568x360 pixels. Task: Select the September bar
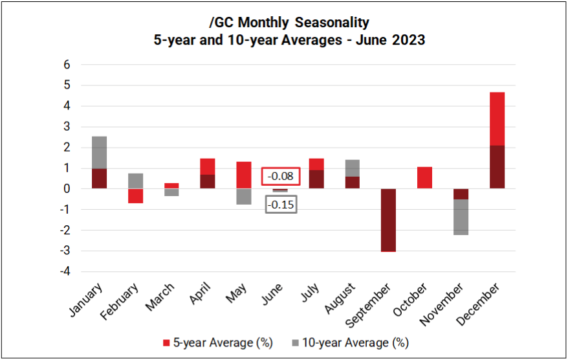(388, 219)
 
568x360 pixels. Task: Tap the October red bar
(424, 177)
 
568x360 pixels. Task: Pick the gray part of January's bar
(99, 152)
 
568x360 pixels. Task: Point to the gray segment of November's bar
(460, 217)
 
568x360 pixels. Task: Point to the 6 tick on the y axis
(67, 65)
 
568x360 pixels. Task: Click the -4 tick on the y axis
(65, 271)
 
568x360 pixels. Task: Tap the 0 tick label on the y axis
(67, 189)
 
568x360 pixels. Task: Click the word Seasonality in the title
(331, 23)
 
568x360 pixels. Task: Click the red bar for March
(171, 186)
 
